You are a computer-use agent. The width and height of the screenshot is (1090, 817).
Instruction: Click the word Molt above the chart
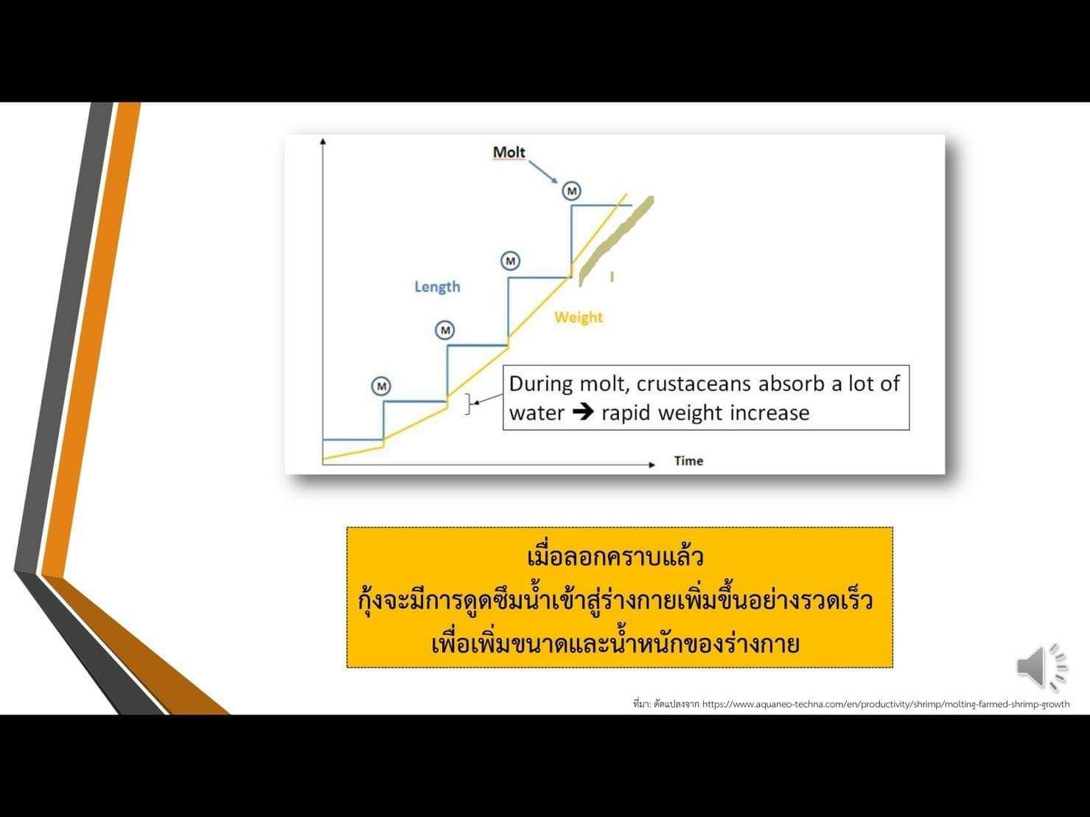coord(509,152)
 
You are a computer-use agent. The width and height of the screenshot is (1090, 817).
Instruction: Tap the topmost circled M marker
coord(572,191)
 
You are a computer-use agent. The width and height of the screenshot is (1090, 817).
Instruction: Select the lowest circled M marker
coord(381,386)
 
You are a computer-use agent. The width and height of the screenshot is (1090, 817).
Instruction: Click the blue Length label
coord(438,287)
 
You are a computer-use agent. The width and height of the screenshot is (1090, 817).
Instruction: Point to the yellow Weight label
coord(579,318)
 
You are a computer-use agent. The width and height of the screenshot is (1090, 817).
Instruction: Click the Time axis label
coord(688,461)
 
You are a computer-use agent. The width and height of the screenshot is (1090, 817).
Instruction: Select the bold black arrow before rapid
coord(583,412)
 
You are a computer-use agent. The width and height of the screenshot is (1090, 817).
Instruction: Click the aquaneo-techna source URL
coord(886,704)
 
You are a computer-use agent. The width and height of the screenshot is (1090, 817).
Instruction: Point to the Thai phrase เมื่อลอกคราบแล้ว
coord(615,557)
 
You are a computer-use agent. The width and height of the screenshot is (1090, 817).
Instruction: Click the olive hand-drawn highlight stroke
coord(616,241)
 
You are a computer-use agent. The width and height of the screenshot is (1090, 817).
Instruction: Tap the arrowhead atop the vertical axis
coord(324,142)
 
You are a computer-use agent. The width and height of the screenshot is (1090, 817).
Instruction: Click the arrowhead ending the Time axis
coord(652,465)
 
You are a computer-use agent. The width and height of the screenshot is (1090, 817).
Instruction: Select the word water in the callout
coord(537,413)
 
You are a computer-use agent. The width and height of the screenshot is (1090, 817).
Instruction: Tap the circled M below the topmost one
coord(510,261)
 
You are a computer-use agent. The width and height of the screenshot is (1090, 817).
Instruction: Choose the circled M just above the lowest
coord(444,330)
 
